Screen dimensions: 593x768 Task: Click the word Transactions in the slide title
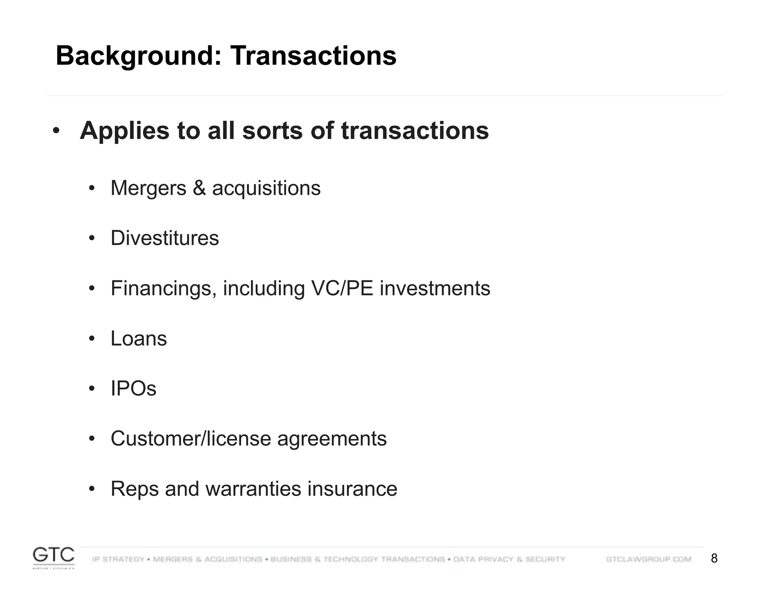pyautogui.click(x=313, y=55)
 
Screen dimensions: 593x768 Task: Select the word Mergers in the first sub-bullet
pyautogui.click(x=148, y=188)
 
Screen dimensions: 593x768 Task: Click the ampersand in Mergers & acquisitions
pyautogui.click(x=199, y=188)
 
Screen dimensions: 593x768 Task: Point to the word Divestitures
pyautogui.click(x=165, y=238)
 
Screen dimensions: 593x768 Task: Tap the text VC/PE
pyautogui.click(x=342, y=288)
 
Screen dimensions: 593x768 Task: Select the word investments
pyautogui.click(x=435, y=288)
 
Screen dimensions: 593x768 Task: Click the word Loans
pyautogui.click(x=139, y=338)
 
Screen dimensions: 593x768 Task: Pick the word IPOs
pyautogui.click(x=133, y=388)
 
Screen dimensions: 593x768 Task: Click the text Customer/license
pyautogui.click(x=190, y=439)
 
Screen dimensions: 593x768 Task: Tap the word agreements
pyautogui.click(x=331, y=439)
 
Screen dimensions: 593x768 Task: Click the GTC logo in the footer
pyautogui.click(x=54, y=557)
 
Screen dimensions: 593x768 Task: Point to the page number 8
pyautogui.click(x=714, y=559)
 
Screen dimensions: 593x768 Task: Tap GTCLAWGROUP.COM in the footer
pyautogui.click(x=648, y=559)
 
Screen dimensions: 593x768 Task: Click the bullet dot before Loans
pyautogui.click(x=92, y=339)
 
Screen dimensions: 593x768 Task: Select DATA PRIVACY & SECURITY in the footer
pyautogui.click(x=509, y=559)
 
